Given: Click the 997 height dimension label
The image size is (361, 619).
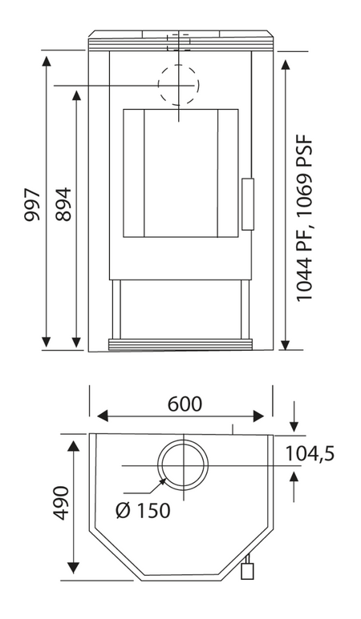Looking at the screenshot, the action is coord(32,205).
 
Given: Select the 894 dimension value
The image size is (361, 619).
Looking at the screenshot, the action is coord(63,204).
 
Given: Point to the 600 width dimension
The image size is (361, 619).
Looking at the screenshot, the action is coord(185,404).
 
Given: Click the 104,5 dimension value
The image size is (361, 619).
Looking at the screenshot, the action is coord(310,454).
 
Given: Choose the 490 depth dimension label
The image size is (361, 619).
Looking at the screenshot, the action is coord(61,503).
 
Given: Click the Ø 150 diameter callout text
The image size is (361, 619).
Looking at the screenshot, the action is coord(143,510).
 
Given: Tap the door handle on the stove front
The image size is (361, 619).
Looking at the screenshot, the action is coord(248,204).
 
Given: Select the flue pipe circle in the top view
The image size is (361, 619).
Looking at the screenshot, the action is coord(158,465).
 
